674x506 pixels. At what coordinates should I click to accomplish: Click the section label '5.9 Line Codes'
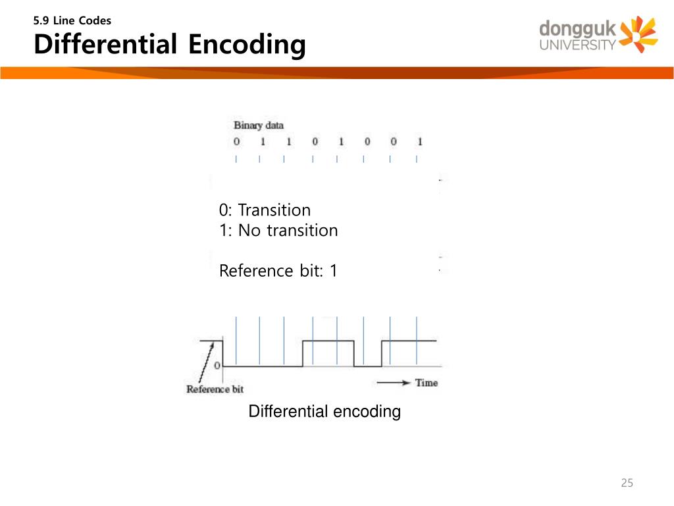(x=72, y=20)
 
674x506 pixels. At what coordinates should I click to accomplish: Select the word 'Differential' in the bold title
(x=105, y=45)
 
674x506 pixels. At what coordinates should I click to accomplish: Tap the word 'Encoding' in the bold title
(x=246, y=45)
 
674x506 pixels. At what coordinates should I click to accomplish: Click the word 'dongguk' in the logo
(x=577, y=30)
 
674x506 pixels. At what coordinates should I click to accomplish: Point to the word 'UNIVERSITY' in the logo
(x=577, y=45)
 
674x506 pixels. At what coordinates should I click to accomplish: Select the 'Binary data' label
(x=258, y=125)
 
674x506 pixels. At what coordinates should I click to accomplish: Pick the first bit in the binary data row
(x=236, y=142)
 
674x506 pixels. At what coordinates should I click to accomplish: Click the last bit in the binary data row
(x=419, y=142)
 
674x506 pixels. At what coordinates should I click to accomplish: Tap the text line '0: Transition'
(x=265, y=210)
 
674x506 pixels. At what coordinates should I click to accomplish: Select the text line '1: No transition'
(x=278, y=231)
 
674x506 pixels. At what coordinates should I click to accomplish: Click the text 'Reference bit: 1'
(x=278, y=271)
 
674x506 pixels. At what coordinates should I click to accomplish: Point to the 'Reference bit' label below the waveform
(x=215, y=389)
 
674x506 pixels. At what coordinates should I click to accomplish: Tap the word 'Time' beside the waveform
(x=426, y=383)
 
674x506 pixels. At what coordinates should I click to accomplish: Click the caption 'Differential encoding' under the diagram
(x=324, y=412)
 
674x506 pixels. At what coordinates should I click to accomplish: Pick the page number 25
(x=627, y=484)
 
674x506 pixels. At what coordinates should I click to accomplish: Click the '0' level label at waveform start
(x=217, y=365)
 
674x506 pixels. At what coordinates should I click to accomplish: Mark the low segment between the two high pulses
(x=367, y=366)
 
